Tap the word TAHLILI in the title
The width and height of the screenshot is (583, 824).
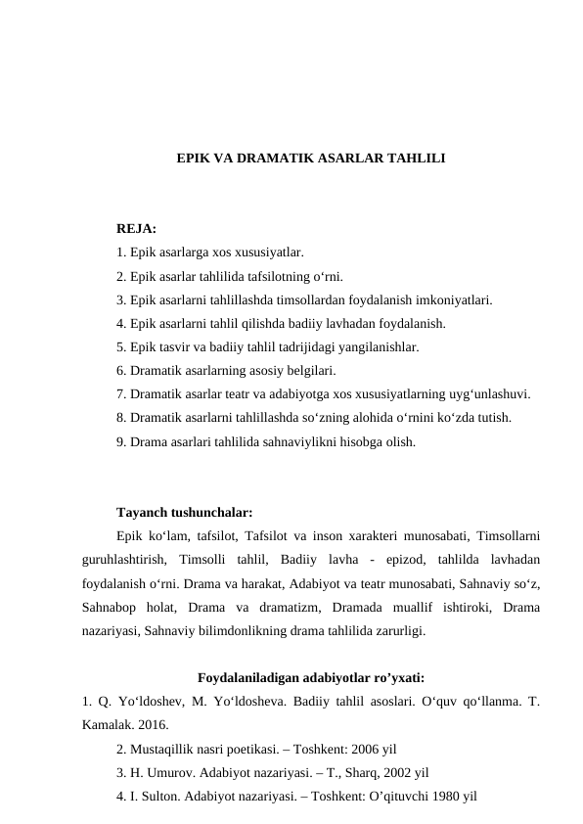415,157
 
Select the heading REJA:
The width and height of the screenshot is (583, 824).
136,229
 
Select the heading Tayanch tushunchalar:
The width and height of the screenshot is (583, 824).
185,512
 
